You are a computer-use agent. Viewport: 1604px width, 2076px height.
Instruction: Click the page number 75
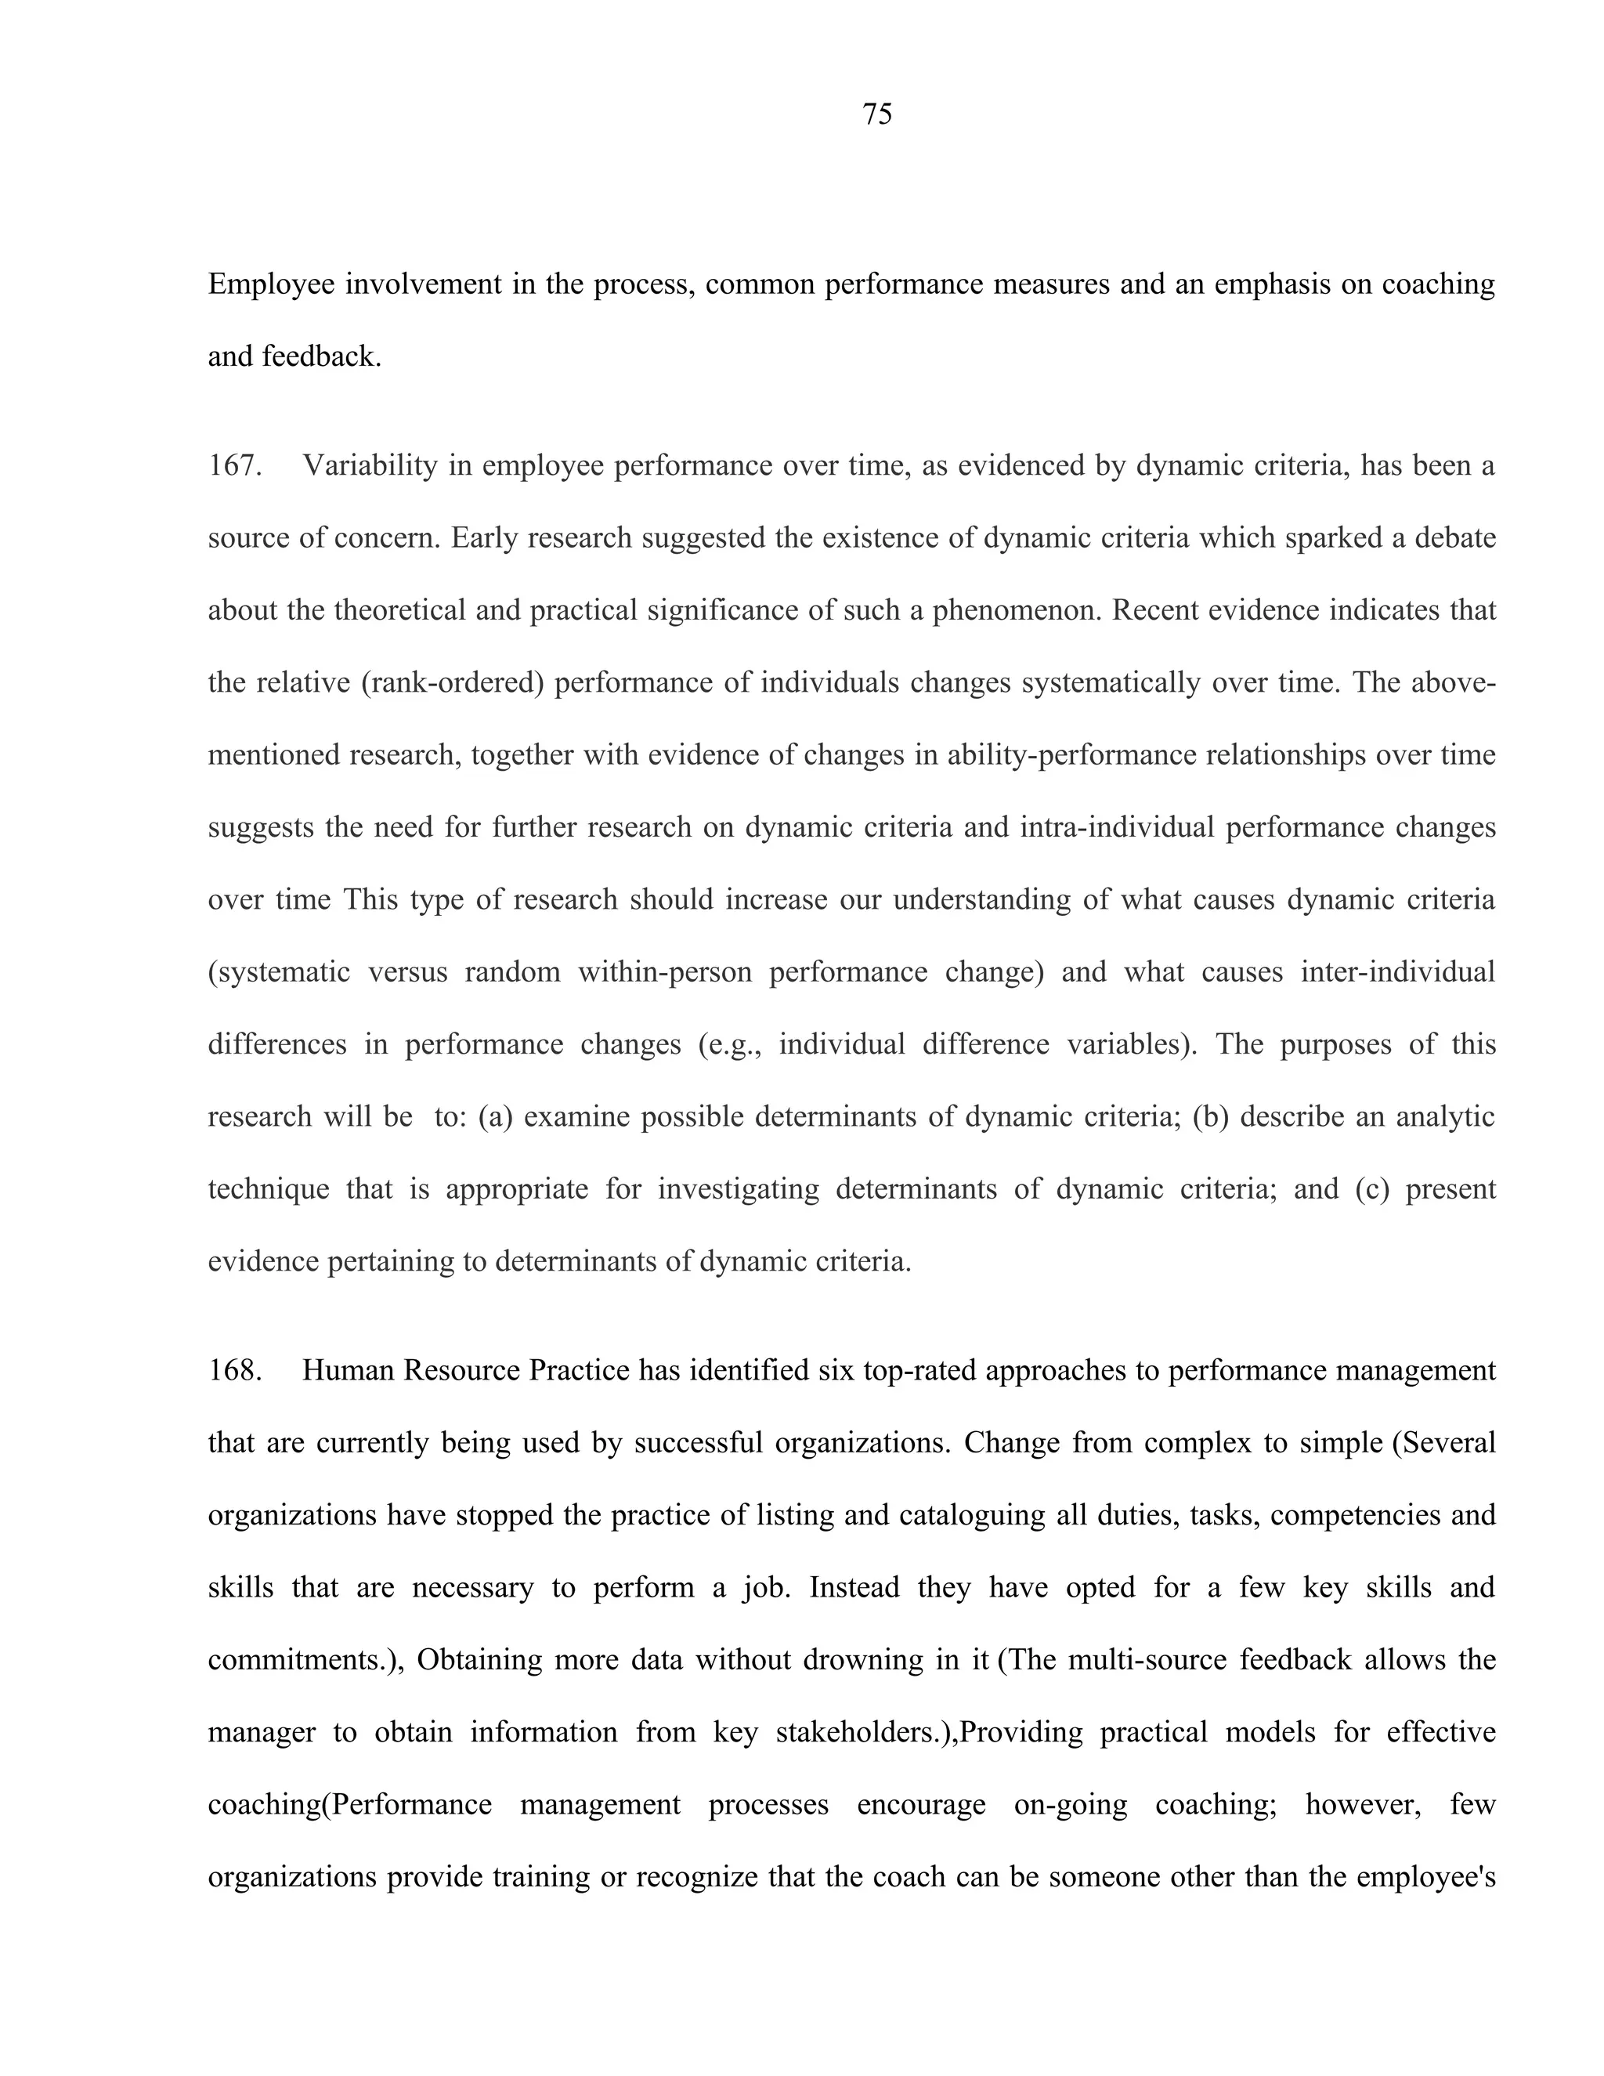pyautogui.click(x=876, y=115)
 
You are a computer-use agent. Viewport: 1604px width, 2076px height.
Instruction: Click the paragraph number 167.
pyautogui.click(x=233, y=466)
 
